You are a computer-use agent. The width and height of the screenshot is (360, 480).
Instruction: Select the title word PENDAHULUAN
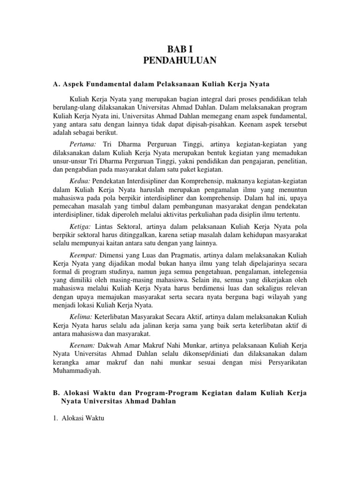pos(180,60)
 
